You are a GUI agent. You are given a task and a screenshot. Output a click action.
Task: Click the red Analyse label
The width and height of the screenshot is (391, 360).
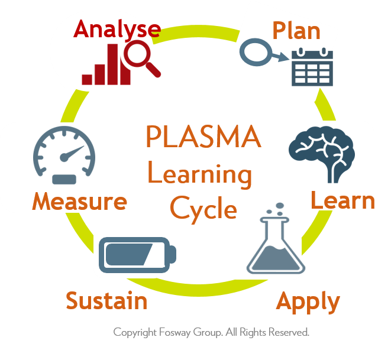click(x=117, y=30)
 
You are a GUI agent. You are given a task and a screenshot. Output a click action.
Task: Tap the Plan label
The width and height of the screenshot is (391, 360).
click(x=296, y=30)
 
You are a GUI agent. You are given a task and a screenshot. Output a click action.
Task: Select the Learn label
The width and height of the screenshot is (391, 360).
click(x=343, y=200)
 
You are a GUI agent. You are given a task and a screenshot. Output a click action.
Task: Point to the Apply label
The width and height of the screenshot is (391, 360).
click(x=308, y=301)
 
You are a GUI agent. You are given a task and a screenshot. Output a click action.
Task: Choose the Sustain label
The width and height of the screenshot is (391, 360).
click(x=106, y=300)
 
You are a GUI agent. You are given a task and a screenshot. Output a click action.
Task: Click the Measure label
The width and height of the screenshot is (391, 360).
click(x=79, y=202)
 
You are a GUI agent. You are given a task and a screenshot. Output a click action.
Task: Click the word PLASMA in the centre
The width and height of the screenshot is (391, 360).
click(x=203, y=137)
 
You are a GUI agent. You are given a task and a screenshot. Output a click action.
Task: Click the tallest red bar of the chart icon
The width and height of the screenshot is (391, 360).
click(x=112, y=64)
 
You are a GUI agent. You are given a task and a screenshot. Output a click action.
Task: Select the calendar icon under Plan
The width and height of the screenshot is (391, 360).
click(x=312, y=67)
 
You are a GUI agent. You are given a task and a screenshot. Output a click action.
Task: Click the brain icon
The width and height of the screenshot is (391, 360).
click(x=322, y=154)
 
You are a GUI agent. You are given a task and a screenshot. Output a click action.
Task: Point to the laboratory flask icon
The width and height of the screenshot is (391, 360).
click(x=276, y=245)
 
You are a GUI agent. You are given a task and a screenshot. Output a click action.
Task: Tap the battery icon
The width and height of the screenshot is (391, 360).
click(x=137, y=255)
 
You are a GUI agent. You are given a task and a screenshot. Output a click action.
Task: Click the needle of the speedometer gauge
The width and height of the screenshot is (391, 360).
click(x=72, y=153)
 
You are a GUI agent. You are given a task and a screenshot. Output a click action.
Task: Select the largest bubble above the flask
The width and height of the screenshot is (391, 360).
click(x=280, y=206)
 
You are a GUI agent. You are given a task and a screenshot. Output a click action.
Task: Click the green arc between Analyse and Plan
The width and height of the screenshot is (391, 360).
click(x=196, y=33)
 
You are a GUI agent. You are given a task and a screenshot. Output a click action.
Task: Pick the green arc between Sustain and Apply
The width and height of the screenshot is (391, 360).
click(x=198, y=289)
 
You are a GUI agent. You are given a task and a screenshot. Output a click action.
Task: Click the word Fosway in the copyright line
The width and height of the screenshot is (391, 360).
click(x=175, y=333)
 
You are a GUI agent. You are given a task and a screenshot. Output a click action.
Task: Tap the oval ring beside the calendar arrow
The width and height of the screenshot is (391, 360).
click(x=256, y=53)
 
